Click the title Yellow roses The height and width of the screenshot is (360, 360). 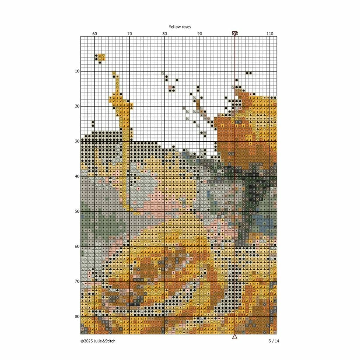(180, 27)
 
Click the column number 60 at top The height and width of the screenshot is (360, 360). (95, 33)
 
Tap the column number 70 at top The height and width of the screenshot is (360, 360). (130, 33)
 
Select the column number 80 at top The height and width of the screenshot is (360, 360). (165, 33)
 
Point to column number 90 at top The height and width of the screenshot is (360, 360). (200, 33)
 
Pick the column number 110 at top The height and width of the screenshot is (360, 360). (270, 33)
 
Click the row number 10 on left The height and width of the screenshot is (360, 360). (77, 71)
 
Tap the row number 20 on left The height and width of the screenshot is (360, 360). (77, 106)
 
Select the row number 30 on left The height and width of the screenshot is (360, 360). (77, 141)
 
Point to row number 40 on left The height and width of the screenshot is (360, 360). (77, 176)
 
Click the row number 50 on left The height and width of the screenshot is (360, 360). (77, 211)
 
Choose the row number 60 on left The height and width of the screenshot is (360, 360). (77, 246)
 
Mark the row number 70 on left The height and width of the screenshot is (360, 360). (77, 281)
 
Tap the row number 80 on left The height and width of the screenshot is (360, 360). (77, 316)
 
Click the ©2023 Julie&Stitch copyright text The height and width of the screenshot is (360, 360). (98, 341)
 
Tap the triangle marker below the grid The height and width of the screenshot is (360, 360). (234, 337)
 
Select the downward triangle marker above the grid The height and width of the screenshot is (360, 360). (234, 33)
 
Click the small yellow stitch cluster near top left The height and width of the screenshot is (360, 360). (100, 58)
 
